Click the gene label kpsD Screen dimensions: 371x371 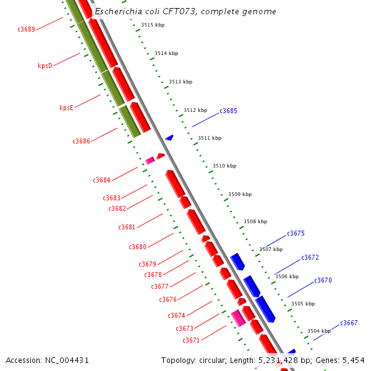45,66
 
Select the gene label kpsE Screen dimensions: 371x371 66,108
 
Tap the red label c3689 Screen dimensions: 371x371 26,29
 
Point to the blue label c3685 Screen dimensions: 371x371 228,111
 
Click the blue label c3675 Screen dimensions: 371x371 296,234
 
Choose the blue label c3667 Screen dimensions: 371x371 349,323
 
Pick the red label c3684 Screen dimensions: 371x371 101,181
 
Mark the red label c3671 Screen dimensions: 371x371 190,341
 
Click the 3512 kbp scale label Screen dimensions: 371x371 195,110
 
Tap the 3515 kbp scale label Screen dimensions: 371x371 152,25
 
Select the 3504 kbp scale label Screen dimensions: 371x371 318,331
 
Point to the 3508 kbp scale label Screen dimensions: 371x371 255,221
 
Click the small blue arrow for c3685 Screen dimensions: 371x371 169,137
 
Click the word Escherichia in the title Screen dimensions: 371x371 120,12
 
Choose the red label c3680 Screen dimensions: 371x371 137,247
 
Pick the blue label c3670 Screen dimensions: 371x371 323,281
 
